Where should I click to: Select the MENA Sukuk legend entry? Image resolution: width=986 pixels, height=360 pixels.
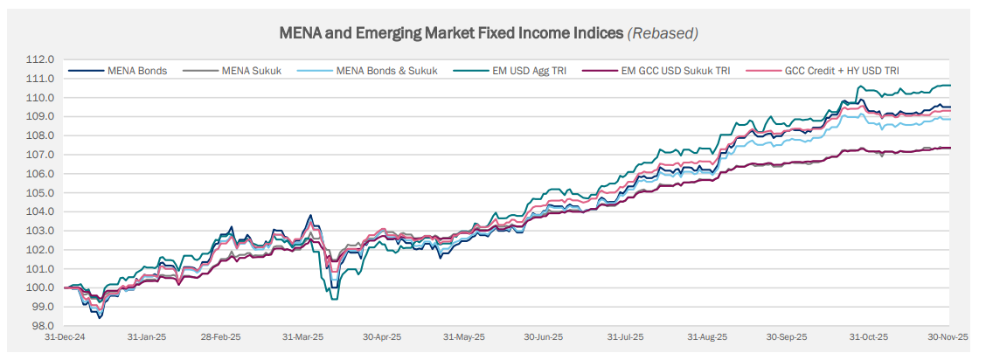252,71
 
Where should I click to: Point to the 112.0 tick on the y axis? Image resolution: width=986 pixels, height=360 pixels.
41,59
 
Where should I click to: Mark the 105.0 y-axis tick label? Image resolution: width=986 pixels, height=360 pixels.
41,192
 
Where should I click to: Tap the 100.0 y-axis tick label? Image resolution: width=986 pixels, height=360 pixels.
41,287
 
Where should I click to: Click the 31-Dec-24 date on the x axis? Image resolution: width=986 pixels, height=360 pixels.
64,336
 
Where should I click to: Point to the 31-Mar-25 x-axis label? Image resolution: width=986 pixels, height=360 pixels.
303,336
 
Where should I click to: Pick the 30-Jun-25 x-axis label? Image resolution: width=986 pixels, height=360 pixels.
544,336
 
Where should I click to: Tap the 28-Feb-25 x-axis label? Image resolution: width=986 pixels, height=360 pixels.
221,336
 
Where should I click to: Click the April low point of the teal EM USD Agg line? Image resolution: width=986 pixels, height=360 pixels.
333,299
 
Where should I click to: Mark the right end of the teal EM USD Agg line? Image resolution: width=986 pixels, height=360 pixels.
950,85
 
